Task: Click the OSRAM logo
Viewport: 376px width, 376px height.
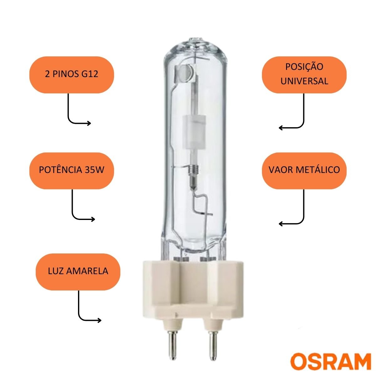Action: [x=331, y=361]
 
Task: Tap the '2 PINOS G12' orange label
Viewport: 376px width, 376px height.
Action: [x=72, y=75]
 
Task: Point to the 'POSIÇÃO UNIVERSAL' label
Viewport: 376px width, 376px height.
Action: [x=304, y=75]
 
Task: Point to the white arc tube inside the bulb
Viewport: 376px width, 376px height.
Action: [x=194, y=131]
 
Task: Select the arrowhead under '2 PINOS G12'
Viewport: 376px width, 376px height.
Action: [x=89, y=123]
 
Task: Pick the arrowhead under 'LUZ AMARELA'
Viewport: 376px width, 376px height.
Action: [x=99, y=321]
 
